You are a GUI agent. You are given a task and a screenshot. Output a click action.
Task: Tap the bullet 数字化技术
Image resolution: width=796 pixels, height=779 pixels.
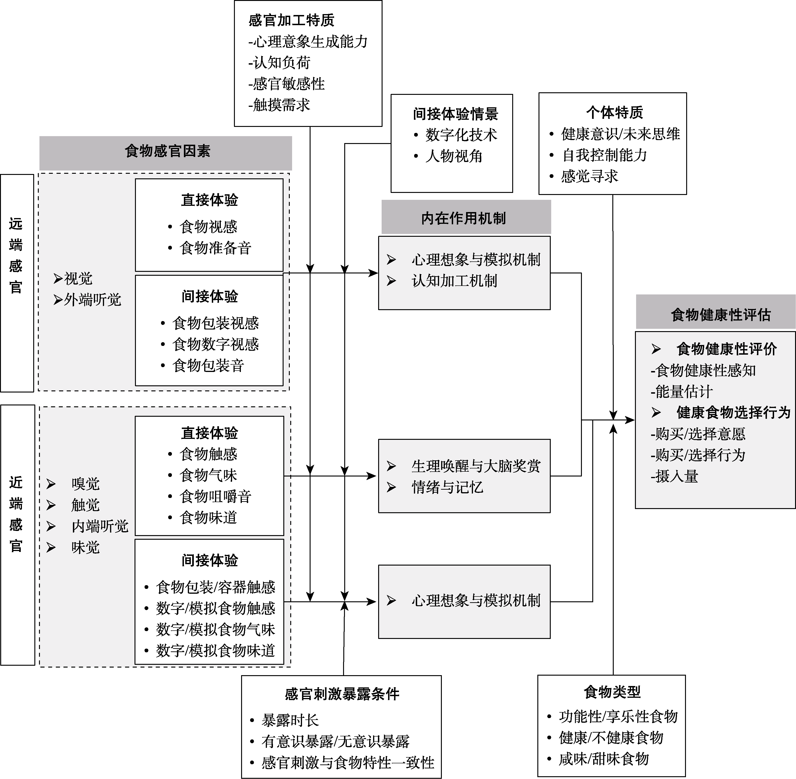tap(461, 135)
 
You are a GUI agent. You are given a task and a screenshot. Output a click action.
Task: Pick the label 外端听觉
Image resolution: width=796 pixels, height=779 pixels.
tap(93, 300)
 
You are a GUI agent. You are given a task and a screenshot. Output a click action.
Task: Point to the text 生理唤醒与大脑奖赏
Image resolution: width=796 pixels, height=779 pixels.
tap(476, 466)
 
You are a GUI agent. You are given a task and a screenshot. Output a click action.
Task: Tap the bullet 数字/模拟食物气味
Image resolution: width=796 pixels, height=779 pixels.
tap(215, 630)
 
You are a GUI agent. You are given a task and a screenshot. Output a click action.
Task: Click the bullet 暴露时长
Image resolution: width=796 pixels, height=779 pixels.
tap(290, 720)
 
